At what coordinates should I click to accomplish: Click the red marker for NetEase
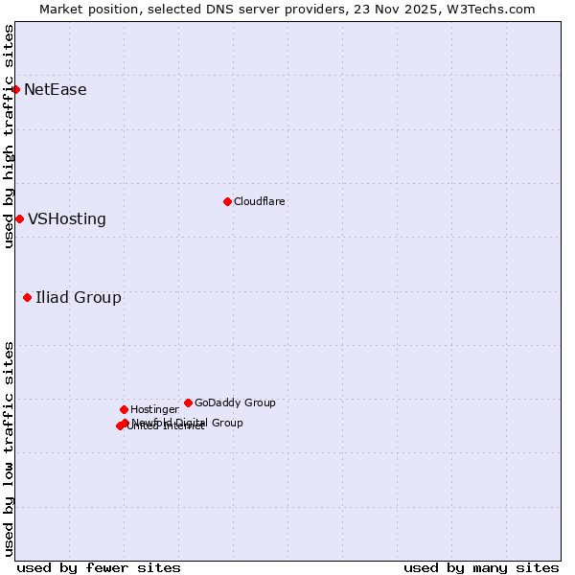(16, 90)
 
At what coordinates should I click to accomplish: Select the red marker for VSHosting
(19, 219)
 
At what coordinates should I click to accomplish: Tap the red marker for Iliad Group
(28, 298)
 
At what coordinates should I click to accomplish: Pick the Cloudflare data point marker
(227, 202)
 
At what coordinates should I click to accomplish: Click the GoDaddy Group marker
(188, 403)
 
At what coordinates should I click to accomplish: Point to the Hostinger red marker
(124, 410)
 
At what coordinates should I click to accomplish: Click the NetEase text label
(56, 90)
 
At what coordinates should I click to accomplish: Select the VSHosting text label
(67, 219)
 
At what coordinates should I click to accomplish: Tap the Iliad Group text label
(79, 298)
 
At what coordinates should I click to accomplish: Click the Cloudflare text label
(260, 202)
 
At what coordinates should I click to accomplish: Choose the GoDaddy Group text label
(235, 403)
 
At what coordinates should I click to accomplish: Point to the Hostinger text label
(154, 410)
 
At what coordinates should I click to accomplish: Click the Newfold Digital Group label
(188, 423)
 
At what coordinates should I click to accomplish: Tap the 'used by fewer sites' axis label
(99, 567)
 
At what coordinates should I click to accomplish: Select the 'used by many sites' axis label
(481, 567)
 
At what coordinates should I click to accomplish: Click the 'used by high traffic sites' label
(9, 136)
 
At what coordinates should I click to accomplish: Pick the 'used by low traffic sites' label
(9, 448)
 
